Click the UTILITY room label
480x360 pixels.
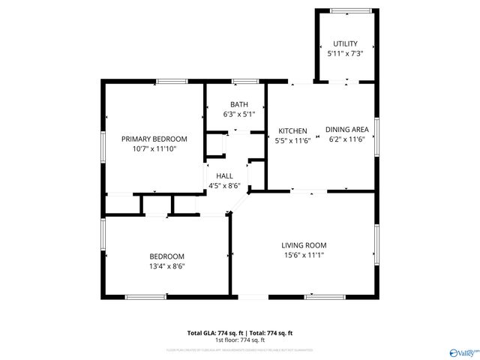[x=345, y=43]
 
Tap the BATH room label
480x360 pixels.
[x=239, y=104]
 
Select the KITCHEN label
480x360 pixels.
[x=292, y=130]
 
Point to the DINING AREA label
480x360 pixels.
[x=346, y=130]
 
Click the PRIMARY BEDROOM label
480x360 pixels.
[x=154, y=139]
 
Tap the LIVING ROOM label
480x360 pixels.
[x=304, y=245]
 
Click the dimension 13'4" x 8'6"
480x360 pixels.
[x=166, y=265]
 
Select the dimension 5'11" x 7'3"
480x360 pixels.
[x=345, y=54]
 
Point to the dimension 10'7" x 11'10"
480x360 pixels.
[x=154, y=148]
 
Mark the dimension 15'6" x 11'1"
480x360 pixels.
[x=304, y=255]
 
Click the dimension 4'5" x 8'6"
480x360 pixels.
[x=223, y=186]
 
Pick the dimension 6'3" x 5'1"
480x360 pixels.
[x=239, y=114]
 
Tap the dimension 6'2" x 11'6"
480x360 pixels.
[x=346, y=139]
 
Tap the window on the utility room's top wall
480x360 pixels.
[x=345, y=10]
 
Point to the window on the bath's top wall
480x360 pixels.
[x=244, y=81]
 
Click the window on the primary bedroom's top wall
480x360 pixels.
[x=172, y=81]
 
